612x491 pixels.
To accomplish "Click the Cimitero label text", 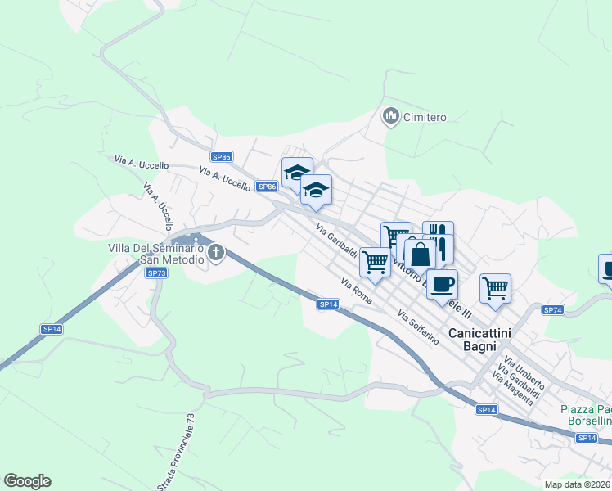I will coord(425,117).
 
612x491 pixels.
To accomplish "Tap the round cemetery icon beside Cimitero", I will coord(390,117).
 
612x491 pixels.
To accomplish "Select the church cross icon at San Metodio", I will coord(216,252).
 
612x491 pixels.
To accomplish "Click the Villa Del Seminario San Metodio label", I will coord(155,253).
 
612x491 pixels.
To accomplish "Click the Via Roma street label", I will coord(357,291).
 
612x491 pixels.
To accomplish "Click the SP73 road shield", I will coord(157,273).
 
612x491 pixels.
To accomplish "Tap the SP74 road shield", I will coord(553,309).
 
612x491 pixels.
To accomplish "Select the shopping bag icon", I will coord(420,254).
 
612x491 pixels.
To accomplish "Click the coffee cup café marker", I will coord(442,285).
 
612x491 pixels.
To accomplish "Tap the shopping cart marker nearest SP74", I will coord(495,288).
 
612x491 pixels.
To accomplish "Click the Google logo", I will coord(27,481).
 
